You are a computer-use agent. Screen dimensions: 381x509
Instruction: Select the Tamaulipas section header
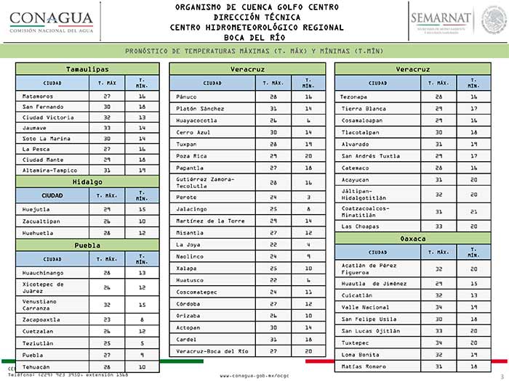87,69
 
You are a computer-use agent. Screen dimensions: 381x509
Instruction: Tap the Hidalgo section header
87,181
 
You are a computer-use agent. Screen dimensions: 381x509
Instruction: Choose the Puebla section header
87,245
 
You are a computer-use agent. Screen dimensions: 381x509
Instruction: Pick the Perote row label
187,197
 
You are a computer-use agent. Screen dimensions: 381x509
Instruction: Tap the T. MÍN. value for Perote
308,197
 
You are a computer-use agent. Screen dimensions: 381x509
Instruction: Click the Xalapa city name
187,268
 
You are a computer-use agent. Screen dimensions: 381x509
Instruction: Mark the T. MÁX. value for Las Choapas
438,226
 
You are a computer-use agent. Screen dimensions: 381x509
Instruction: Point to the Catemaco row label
356,168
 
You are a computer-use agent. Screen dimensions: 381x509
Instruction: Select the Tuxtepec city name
356,343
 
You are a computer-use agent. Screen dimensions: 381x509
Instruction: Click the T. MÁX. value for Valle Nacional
438,307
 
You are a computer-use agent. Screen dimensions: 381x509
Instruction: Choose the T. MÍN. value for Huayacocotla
308,120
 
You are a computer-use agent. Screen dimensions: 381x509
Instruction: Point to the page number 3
501,376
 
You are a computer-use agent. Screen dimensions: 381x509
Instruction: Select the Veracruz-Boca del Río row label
212,351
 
